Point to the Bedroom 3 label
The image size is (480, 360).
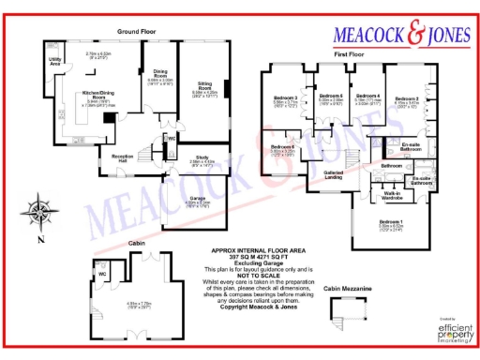(285, 97)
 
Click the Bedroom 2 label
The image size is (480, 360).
(406, 98)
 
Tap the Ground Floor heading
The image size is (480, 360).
(135, 31)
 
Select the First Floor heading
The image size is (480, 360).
(350, 55)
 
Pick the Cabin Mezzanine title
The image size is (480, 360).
(342, 291)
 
